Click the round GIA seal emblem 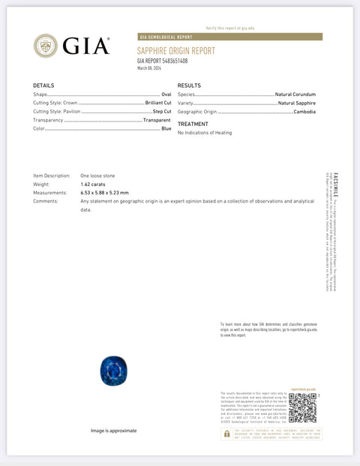(x=46, y=46)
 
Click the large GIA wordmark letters (x=86, y=46)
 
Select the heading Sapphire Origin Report (x=175, y=50)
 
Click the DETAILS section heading (x=43, y=86)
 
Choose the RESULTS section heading (x=189, y=86)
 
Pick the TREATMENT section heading (x=193, y=124)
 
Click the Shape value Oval (x=166, y=95)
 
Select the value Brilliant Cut (x=158, y=103)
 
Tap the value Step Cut (x=162, y=111)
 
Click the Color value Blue (x=166, y=128)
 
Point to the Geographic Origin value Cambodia (x=304, y=111)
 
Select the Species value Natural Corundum (x=295, y=95)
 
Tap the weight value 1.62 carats (x=94, y=184)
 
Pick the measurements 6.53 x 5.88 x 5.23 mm (x=104, y=193)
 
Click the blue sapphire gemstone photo (x=114, y=370)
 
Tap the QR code (x=302, y=407)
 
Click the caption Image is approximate (x=114, y=431)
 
